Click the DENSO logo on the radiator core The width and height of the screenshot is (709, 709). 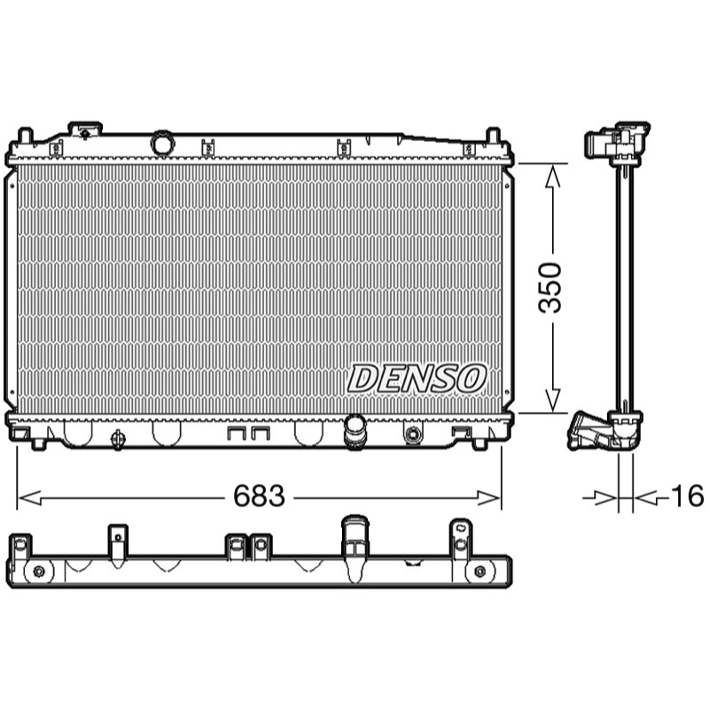[x=417, y=378]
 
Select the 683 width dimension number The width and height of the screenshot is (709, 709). [x=259, y=495]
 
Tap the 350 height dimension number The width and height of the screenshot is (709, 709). [x=549, y=287]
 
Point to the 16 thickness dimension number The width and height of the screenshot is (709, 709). [x=688, y=495]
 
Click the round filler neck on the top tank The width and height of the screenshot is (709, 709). [x=162, y=144]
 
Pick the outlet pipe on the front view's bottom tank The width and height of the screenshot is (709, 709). [x=355, y=432]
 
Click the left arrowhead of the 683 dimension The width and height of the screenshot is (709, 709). [x=29, y=498]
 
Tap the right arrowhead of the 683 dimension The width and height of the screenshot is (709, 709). [x=489, y=498]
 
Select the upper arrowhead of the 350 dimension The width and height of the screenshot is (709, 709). [x=552, y=176]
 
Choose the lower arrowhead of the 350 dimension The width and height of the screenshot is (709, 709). [x=552, y=401]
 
